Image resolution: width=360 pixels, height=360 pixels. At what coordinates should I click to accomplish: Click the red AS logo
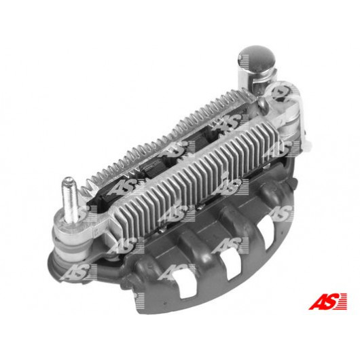point(327,301)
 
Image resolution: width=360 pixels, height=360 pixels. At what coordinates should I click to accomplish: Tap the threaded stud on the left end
point(69,199)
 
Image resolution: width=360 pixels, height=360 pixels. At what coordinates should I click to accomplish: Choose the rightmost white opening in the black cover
point(266,232)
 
